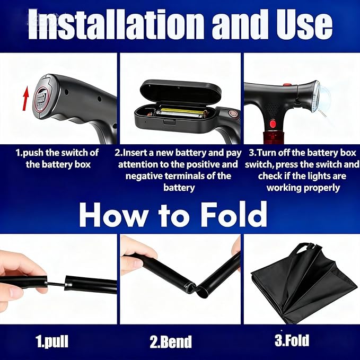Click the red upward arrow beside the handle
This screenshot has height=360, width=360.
point(25,98)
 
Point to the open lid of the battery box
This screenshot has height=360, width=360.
point(180,91)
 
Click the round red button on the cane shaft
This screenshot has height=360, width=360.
point(273,124)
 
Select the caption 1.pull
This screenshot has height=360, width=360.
point(52,341)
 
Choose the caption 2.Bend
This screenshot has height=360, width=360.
point(171,341)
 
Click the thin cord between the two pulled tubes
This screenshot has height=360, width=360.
point(56,284)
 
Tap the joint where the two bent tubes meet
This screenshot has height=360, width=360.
point(196,288)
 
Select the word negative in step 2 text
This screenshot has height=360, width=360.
point(144,176)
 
